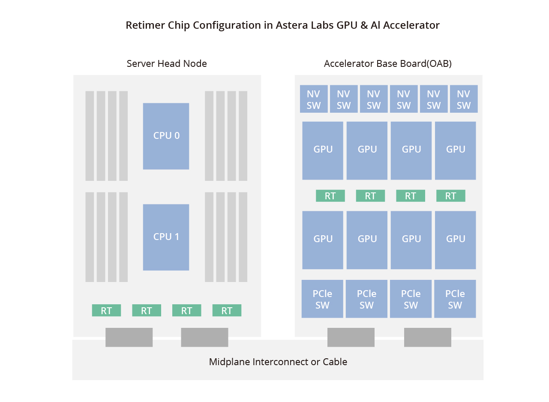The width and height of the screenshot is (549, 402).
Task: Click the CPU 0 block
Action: pyautogui.click(x=166, y=136)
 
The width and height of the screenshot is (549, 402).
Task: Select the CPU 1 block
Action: pyautogui.click(x=166, y=237)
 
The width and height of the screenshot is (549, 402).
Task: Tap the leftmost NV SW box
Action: pyautogui.click(x=314, y=99)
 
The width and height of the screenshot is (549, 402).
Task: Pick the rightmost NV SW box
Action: pyautogui.click(x=464, y=99)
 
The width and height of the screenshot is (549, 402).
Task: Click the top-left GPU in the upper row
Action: pyautogui.click(x=323, y=150)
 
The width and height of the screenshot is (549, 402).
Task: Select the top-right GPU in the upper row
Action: pyautogui.click(x=455, y=150)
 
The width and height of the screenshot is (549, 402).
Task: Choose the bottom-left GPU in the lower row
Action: pyautogui.click(x=323, y=240)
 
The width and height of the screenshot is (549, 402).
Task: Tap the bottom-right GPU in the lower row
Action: pyautogui.click(x=455, y=240)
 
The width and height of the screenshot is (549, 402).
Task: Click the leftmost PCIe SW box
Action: pyautogui.click(x=322, y=299)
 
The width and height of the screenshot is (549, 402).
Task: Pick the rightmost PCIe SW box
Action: pyautogui.click(x=455, y=299)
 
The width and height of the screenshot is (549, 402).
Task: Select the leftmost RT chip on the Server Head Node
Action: pyautogui.click(x=106, y=310)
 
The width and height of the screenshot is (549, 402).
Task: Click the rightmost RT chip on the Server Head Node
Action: pyautogui.click(x=227, y=310)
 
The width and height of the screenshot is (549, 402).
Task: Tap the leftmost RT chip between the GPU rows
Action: pyautogui.click(x=330, y=196)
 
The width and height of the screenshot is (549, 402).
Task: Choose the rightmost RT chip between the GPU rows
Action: pyautogui.click(x=450, y=196)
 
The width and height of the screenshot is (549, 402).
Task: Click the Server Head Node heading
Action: pyautogui.click(x=167, y=64)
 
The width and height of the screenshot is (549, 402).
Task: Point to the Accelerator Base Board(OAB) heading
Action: pyautogui.click(x=388, y=64)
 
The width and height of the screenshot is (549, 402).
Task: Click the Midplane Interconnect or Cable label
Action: pyautogui.click(x=278, y=362)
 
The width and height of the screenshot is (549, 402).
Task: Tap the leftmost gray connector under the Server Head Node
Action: pyautogui.click(x=129, y=337)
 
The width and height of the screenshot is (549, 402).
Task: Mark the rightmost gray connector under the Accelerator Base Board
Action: pyautogui.click(x=427, y=337)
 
